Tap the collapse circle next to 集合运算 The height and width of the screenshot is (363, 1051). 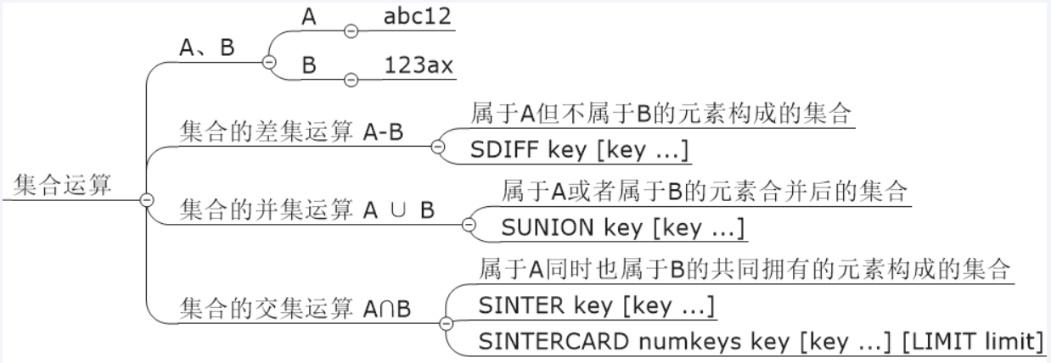pos(146,199)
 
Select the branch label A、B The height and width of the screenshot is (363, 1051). pos(207,49)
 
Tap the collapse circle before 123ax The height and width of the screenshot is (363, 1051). pos(350,79)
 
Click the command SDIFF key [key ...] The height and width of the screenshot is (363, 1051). pos(579,149)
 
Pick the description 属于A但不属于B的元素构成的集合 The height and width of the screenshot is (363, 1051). pos(661,114)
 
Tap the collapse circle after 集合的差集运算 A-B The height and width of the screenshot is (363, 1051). pos(438,146)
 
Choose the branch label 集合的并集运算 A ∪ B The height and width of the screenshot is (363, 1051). pos(306,209)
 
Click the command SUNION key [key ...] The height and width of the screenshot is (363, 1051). pos(623,227)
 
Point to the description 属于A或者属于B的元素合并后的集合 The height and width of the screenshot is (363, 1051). pos(705,191)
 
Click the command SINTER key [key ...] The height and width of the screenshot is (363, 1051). pos(595,304)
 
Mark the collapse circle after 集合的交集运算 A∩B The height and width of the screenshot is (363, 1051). pos(447,323)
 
